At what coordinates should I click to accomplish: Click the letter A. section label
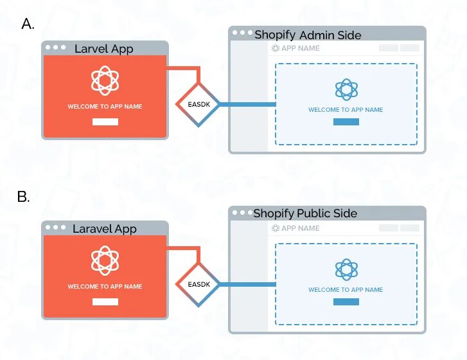[x=28, y=24]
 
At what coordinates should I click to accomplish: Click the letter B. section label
[x=24, y=197]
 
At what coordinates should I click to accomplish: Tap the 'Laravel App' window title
[x=105, y=228]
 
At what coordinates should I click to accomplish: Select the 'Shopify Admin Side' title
[x=308, y=35]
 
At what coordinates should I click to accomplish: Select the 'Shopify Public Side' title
[x=305, y=213]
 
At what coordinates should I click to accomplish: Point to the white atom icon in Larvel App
[x=105, y=80]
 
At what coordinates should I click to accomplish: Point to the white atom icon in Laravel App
[x=105, y=260]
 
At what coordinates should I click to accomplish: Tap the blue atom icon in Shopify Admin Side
[x=346, y=89]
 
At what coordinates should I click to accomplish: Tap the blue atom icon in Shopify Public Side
[x=346, y=269]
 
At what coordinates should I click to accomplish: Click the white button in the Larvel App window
[x=105, y=122]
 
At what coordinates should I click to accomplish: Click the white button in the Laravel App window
[x=105, y=301]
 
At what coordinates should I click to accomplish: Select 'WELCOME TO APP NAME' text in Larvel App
[x=105, y=106]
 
